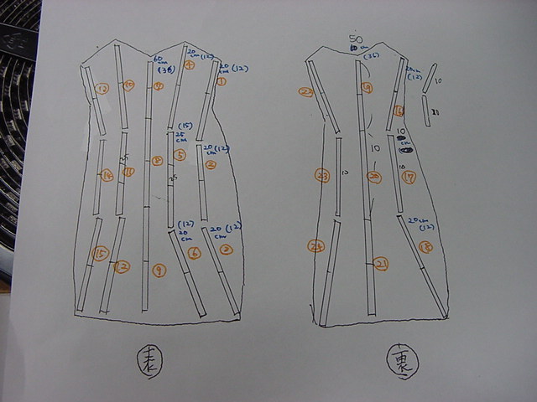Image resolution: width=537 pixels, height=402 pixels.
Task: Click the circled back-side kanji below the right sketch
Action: click(400, 363)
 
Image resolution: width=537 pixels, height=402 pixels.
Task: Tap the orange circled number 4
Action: click(190, 65)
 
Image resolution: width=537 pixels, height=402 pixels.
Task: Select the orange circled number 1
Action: click(222, 81)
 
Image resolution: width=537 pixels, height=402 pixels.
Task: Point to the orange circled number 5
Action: click(180, 154)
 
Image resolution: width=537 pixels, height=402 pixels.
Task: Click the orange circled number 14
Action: click(107, 176)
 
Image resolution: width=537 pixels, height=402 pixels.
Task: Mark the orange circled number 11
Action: click(129, 172)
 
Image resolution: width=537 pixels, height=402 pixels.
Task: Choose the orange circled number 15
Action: click(101, 253)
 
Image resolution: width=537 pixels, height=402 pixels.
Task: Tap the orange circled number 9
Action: click(158, 270)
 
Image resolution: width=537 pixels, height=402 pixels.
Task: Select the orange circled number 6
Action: click(194, 253)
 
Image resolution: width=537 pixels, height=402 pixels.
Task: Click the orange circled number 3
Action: click(211, 165)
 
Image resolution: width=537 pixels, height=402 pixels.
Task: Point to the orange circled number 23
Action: click(322, 176)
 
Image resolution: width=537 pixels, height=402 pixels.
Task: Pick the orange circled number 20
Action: click(374, 177)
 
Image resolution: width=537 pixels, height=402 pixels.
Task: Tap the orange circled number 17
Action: click(409, 177)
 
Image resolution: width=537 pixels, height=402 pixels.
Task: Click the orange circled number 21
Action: click(381, 265)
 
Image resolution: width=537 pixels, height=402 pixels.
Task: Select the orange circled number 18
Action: click(425, 247)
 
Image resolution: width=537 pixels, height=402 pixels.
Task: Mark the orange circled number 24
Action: click(316, 246)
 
